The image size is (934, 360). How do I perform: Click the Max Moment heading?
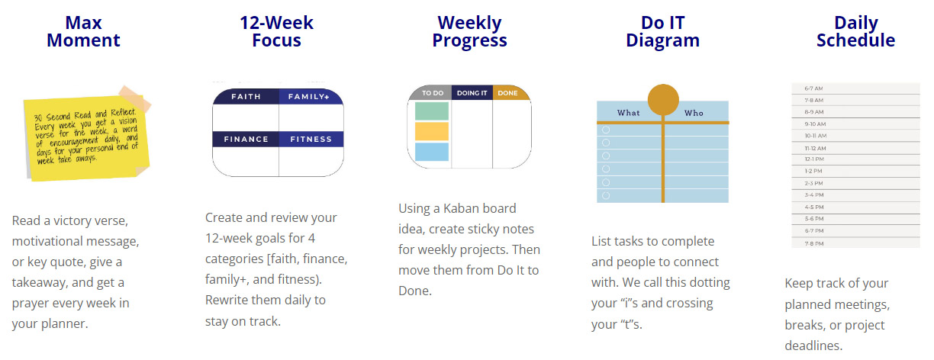point(83,32)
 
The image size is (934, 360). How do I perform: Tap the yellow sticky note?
point(86,137)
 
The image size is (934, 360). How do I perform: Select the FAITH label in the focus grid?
point(246,97)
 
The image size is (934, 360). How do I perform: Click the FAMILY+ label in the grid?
point(309,97)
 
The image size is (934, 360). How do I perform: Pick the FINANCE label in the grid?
point(246,139)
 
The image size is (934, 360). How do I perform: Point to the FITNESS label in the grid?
point(311,139)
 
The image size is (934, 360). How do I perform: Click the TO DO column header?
point(433,93)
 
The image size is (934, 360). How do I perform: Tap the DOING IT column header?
point(472,93)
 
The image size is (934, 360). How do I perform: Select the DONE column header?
point(507,93)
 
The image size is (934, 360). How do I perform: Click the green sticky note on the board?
point(432,111)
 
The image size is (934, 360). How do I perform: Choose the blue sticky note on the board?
point(432,152)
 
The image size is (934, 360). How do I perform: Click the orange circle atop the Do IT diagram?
point(663,100)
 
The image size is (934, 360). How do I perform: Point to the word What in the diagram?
point(628,113)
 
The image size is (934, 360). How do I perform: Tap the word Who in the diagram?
point(694,113)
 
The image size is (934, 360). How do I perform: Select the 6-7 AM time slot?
point(813,88)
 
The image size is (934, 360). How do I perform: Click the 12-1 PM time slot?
point(814,159)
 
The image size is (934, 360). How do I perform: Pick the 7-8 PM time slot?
point(814,243)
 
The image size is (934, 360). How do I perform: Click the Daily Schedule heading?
point(855,32)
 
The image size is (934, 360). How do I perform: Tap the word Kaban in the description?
point(461,208)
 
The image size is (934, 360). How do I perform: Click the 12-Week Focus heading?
point(276,32)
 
